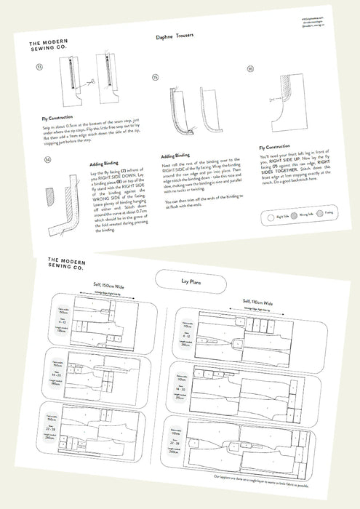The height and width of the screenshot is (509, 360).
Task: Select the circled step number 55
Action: pyautogui.click(x=156, y=76)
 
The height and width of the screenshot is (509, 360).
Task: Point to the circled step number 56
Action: pyautogui.click(x=250, y=69)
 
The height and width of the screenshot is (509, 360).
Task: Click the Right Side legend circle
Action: pyautogui.click(x=262, y=217)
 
